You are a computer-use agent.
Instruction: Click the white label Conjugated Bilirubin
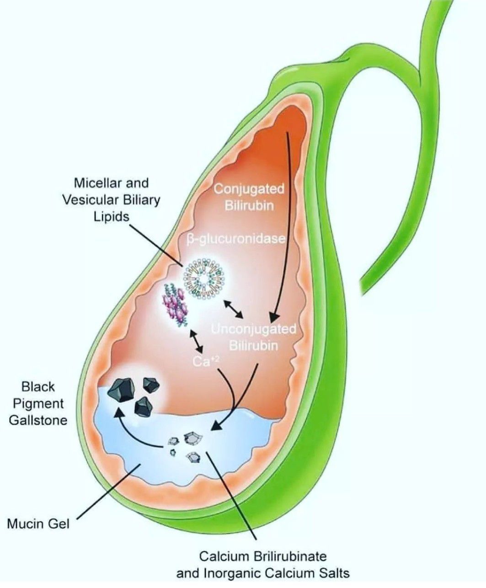pos(249,197)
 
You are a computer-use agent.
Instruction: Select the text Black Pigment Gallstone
pos(38,403)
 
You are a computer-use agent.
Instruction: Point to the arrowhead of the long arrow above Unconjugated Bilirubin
pos(274,317)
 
